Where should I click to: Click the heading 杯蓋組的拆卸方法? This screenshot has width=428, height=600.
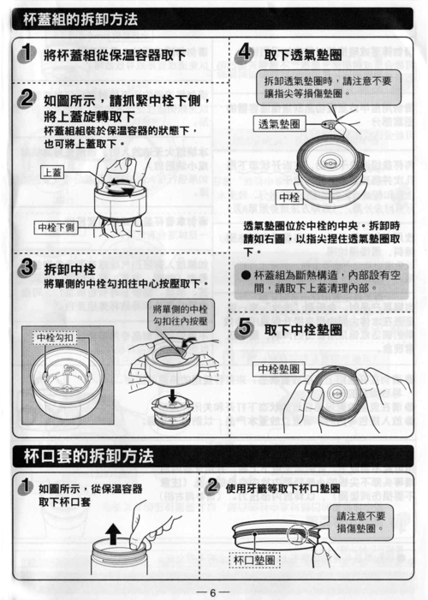[x=80, y=17]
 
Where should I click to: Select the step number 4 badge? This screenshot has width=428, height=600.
[x=243, y=53]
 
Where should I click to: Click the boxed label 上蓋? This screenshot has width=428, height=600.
[x=52, y=172]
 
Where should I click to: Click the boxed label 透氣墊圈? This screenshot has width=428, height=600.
[x=279, y=124]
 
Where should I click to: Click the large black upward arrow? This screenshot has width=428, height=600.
[x=113, y=536]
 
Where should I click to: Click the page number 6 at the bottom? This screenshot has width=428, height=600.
[x=213, y=590]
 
